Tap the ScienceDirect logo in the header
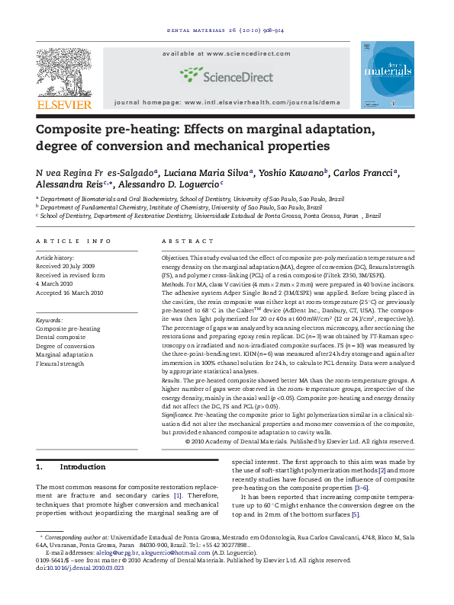[x=227, y=75]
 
